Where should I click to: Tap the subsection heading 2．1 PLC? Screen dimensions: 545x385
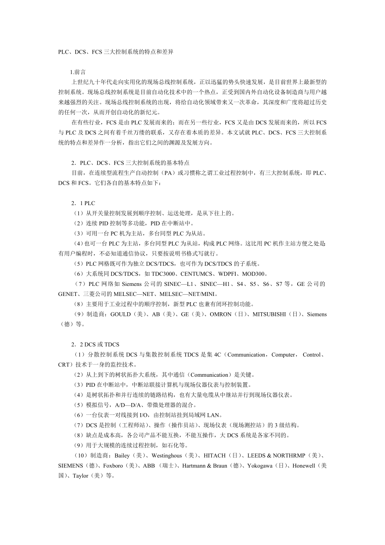tap(83, 203)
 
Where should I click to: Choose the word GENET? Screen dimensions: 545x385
tap(69, 294)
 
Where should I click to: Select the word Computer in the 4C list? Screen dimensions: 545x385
tap(283, 355)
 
